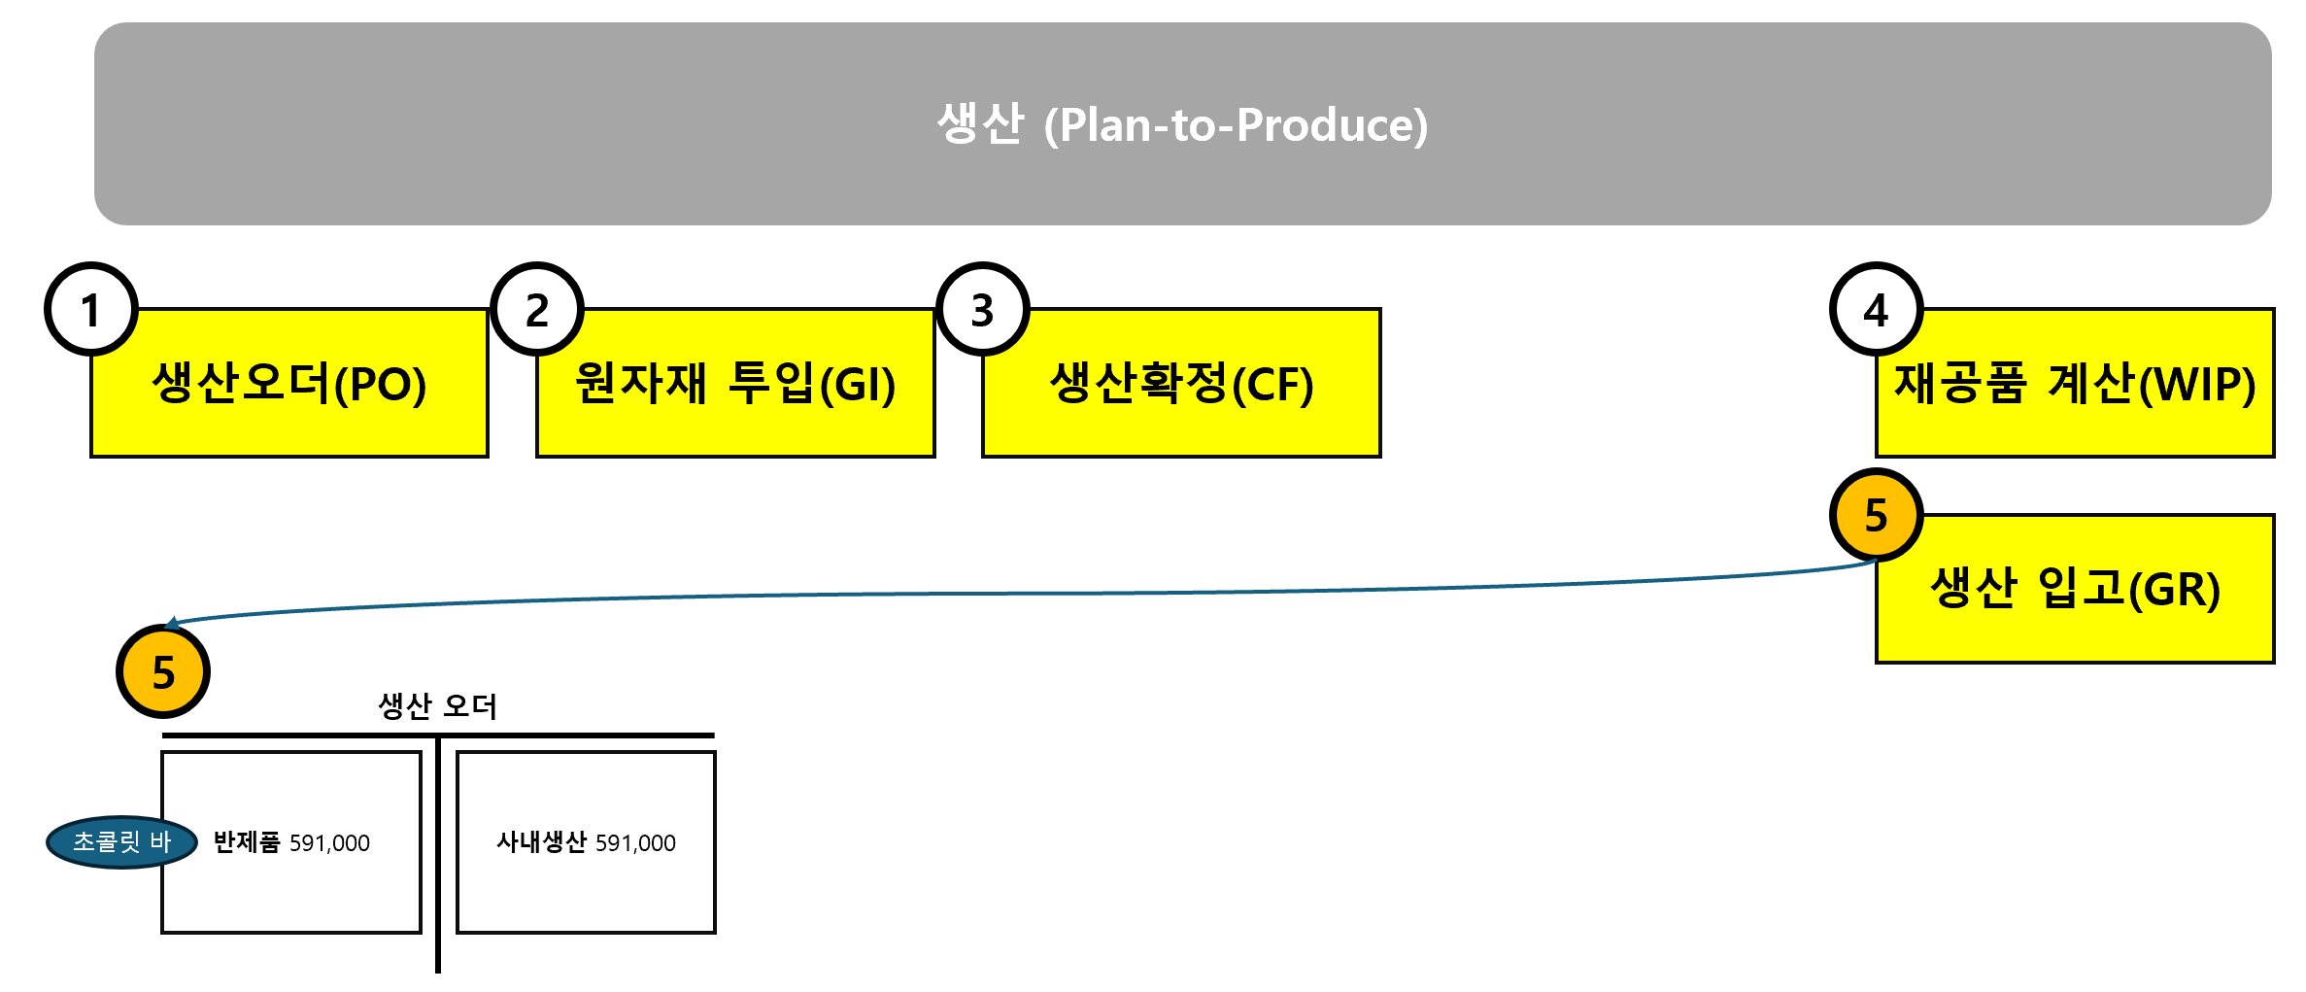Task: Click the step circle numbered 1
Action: point(91,310)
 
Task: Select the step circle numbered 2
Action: point(537,310)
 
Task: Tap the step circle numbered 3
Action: point(983,310)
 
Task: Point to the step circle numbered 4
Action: point(1876,310)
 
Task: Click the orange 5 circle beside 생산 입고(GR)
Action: point(1876,515)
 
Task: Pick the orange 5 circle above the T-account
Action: point(163,671)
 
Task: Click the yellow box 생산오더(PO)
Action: point(289,384)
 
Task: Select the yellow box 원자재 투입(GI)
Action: point(735,384)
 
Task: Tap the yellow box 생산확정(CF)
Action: point(1181,384)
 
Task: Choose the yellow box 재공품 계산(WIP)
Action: point(2075,384)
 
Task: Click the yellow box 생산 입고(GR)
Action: point(2075,590)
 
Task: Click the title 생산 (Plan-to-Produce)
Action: point(1182,124)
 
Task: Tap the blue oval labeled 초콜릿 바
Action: point(121,842)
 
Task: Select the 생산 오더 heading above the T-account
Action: point(437,706)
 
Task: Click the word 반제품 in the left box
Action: point(247,842)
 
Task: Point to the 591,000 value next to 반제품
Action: point(329,843)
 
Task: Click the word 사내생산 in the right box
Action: point(541,842)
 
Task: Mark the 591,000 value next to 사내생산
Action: point(635,843)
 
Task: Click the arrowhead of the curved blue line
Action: point(171,623)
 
